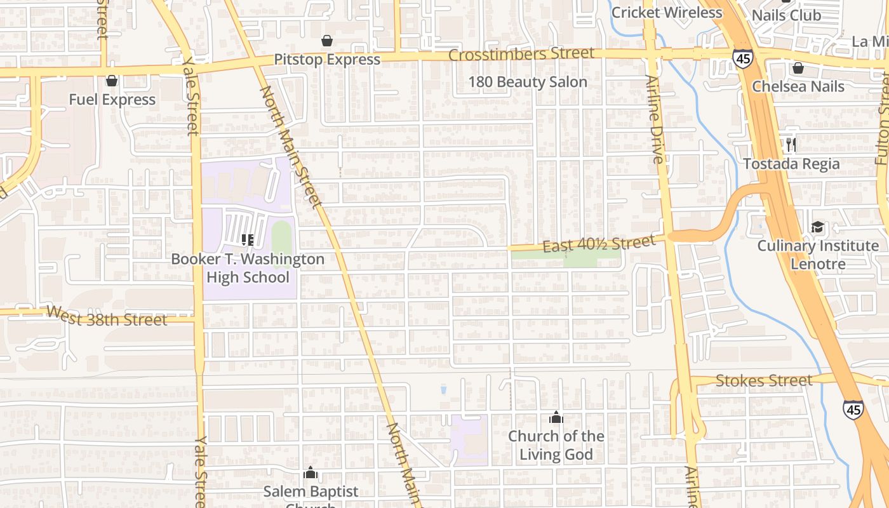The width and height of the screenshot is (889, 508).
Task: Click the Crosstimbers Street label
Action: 521,54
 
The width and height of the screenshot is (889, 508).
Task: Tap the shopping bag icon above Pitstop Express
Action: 327,41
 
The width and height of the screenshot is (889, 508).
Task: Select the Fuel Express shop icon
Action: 112,81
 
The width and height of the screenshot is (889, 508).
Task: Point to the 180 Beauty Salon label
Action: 528,82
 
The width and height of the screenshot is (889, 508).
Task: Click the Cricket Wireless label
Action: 666,12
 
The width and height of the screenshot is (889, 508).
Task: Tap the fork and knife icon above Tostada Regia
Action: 791,145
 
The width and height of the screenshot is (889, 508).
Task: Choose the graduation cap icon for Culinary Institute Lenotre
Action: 817,227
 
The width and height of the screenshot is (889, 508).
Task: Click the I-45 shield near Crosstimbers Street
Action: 742,58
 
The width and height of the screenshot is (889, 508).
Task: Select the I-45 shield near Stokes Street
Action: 853,409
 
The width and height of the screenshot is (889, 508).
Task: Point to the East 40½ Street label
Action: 599,244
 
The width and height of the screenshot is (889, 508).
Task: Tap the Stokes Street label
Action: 763,380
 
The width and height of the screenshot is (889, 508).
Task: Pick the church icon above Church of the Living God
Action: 556,417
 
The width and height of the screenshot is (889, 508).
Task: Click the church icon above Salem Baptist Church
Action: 311,473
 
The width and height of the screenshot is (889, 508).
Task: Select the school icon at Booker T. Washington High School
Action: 248,239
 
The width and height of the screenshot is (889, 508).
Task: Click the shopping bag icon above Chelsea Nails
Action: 798,68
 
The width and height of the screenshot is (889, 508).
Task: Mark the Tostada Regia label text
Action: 791,164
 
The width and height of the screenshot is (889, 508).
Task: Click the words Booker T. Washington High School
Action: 248,268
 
